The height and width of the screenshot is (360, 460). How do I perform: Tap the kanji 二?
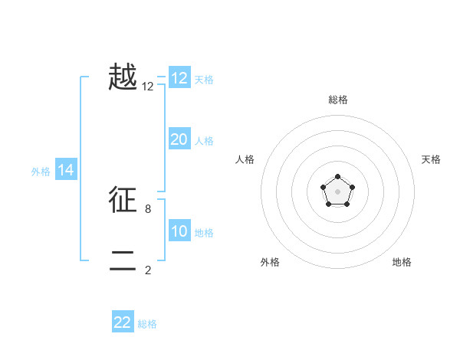[x=123, y=261]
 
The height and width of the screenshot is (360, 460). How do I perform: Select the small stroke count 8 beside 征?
[x=148, y=208]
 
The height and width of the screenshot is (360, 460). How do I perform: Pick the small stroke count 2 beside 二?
[x=148, y=270]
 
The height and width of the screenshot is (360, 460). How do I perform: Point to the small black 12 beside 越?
[x=148, y=87]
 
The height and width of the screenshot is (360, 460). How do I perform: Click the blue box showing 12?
[x=179, y=78]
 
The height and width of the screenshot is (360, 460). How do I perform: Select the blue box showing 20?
[x=179, y=139]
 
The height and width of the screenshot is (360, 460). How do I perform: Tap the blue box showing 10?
[x=179, y=231]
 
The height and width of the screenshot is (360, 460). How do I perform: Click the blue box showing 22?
[x=123, y=322]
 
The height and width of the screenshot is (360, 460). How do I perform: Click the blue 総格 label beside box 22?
[x=147, y=324]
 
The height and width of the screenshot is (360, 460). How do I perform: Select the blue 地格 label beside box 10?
[x=204, y=233]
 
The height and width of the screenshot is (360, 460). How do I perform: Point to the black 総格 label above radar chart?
[x=338, y=100]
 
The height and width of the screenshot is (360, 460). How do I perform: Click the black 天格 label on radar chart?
[x=431, y=159]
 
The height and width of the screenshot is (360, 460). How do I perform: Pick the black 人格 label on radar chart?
[x=245, y=159]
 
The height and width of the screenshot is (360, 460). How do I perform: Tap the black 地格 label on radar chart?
[x=402, y=262]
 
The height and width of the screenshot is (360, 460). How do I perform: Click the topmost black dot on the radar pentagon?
[x=337, y=177]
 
